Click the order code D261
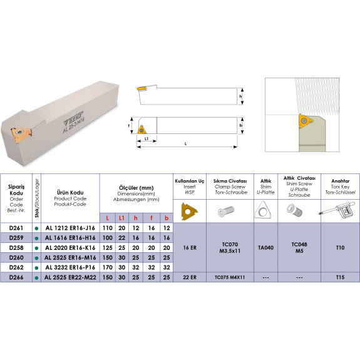point(16,228)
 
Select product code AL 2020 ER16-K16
point(70,248)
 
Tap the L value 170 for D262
point(108,267)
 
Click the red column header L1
point(121,218)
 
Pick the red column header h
point(136,218)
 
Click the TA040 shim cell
point(265,247)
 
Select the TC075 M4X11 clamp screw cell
point(230,277)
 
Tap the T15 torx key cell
point(340,277)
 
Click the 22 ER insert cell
point(190,277)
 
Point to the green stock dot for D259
point(36,239)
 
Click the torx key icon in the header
point(337,210)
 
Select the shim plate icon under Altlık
point(263,210)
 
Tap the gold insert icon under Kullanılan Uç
point(189,211)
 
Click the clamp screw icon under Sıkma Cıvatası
point(226,211)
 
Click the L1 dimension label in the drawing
point(147,138)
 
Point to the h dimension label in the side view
point(240,96)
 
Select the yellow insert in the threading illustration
point(305,121)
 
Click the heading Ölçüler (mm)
point(136,188)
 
